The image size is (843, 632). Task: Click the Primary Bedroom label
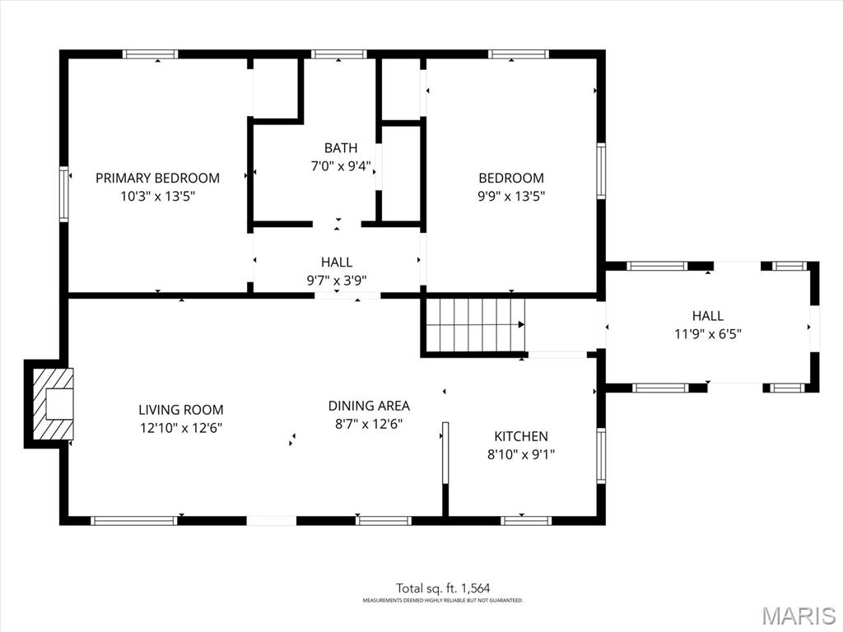[x=157, y=178]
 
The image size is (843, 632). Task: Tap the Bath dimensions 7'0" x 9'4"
[x=341, y=166]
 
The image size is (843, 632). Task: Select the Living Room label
[x=180, y=410]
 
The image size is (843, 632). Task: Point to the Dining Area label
[x=369, y=406]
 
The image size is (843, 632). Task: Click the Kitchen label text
[x=521, y=436]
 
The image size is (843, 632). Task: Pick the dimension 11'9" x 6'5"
[x=708, y=334]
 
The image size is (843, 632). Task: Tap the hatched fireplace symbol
[x=53, y=403]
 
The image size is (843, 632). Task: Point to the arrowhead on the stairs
[x=521, y=324]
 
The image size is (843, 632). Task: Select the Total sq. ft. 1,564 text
[x=443, y=588]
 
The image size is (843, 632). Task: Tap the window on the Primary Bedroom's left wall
[x=64, y=194]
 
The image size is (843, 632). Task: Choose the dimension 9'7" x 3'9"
[x=337, y=280]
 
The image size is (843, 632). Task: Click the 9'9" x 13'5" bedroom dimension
[x=511, y=196]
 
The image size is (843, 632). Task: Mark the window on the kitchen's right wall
[x=601, y=456]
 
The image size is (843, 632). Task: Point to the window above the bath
[x=338, y=54]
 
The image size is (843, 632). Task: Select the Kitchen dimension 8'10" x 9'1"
[x=521, y=454]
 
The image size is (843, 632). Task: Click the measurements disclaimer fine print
[x=442, y=600]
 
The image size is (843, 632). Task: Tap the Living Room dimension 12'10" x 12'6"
[x=180, y=428]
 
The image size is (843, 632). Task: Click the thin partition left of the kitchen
[x=445, y=453]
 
